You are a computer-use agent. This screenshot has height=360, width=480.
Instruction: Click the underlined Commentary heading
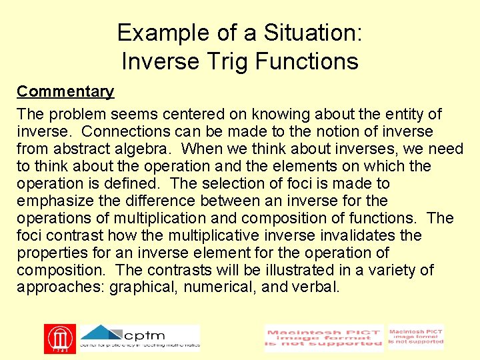point(65,91)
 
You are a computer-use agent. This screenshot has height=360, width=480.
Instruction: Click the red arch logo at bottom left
point(60,339)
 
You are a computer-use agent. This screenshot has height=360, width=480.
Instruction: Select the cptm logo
point(139,337)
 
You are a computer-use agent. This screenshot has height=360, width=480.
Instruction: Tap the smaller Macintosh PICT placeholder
point(415,337)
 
